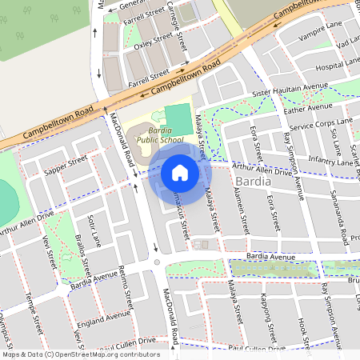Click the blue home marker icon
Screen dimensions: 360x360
click(x=180, y=173)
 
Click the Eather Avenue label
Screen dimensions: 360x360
click(x=308, y=107)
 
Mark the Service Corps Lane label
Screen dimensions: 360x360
click(x=321, y=124)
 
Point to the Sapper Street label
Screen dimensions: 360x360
click(x=66, y=166)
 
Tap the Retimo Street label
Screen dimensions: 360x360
click(x=126, y=285)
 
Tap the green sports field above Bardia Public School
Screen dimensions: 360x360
click(x=178, y=115)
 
